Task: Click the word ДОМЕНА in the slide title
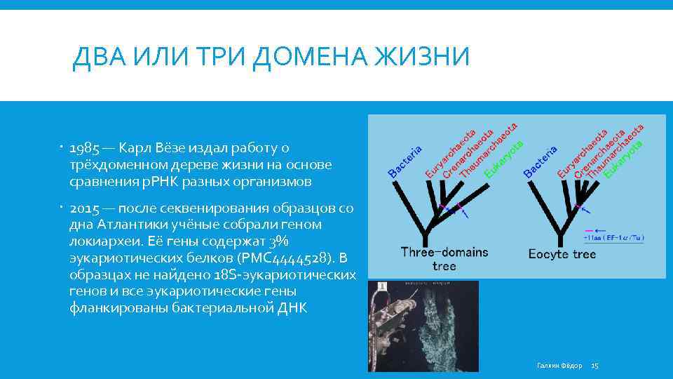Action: pos(311,56)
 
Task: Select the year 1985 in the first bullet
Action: pos(84,148)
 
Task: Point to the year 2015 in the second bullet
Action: pos(84,208)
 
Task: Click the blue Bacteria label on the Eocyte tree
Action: pos(540,161)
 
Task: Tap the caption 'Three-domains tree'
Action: pos(444,258)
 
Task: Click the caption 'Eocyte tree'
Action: pos(562,254)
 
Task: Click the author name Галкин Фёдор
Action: pos(559,366)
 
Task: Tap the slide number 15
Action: pos(595,366)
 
